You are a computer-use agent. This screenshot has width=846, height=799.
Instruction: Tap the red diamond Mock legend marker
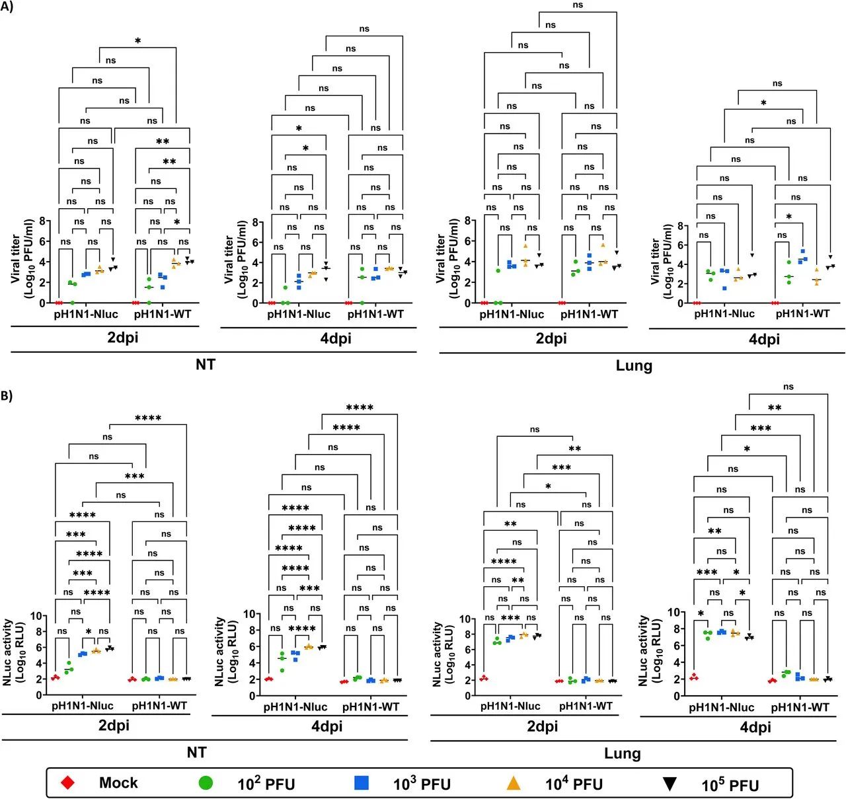point(67,783)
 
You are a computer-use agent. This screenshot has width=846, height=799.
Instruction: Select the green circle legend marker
point(206,783)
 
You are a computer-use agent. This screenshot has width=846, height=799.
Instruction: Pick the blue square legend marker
point(362,783)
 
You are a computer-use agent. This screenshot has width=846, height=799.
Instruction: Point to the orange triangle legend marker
point(514,783)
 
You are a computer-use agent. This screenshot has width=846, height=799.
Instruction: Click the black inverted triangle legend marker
point(670,784)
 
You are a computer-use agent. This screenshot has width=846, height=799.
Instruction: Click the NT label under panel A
point(205,364)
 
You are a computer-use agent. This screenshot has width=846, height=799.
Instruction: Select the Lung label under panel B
point(622,753)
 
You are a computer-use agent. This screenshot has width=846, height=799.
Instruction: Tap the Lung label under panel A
point(634,365)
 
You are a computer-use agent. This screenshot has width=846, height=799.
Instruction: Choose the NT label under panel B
point(196,753)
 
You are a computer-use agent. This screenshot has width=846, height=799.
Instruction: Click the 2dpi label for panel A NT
point(123,338)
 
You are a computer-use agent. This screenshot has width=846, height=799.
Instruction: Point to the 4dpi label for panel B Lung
point(755,727)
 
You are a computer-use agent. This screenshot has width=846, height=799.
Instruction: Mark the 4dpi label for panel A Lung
point(764,339)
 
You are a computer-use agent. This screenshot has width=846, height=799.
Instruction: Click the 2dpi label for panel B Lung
point(543,726)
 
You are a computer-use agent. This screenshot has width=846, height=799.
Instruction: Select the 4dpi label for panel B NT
point(327,726)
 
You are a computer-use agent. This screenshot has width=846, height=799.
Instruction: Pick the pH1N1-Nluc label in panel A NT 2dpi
point(86,315)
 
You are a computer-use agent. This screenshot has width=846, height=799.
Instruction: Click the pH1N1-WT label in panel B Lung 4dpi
point(800,707)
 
